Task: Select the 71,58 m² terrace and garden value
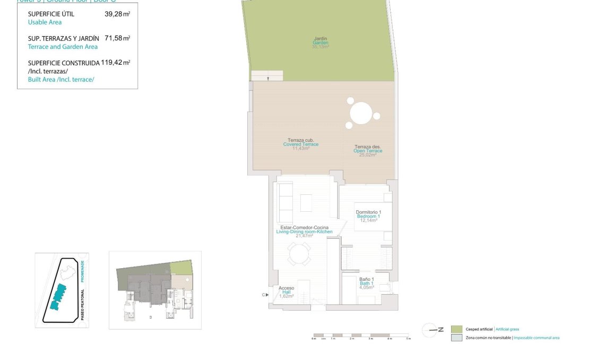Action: (117, 38)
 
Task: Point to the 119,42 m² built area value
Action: (116, 62)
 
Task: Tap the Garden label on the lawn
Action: (321, 42)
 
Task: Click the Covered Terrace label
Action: (300, 144)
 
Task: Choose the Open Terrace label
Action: (368, 151)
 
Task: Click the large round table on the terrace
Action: (361, 113)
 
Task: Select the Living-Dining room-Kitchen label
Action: (304, 232)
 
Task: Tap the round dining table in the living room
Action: (299, 254)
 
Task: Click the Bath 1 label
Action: (367, 283)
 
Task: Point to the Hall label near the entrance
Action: (286, 292)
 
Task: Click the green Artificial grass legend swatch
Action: (456, 329)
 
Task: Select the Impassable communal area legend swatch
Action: (456, 338)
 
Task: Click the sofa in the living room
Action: (285, 202)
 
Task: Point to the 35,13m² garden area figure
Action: (321, 47)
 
